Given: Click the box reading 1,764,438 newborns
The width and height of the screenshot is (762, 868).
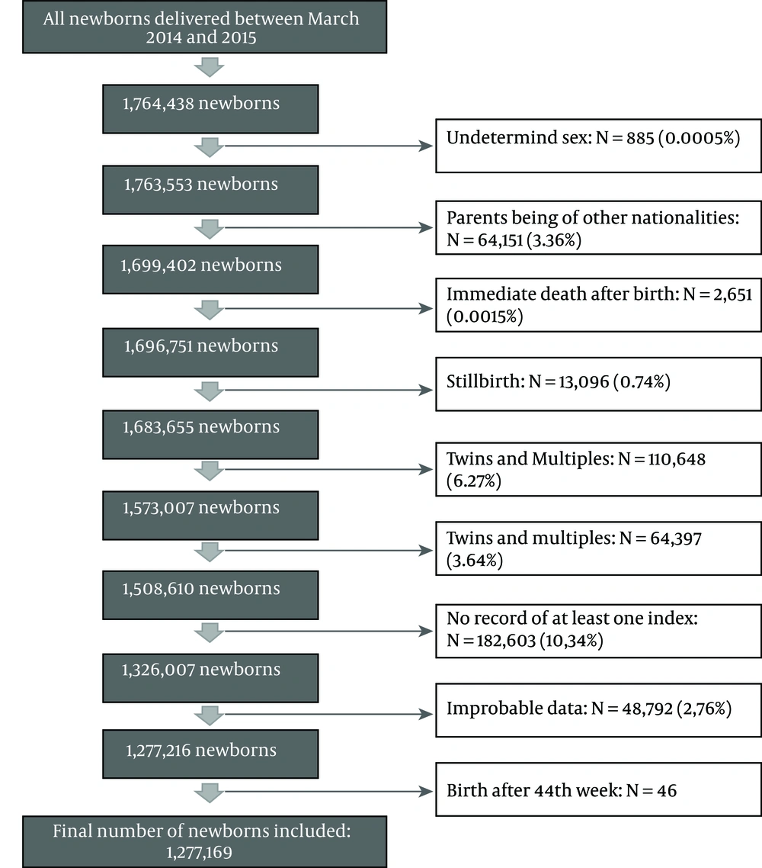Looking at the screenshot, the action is tap(210, 109).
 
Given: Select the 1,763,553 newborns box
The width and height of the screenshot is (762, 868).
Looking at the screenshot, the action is tap(210, 190).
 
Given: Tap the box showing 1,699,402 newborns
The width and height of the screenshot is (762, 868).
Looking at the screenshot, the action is tap(210, 269).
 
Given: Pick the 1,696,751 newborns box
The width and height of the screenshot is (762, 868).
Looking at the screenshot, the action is tap(210, 352).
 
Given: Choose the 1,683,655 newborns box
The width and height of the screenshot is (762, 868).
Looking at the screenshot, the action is tap(210, 435).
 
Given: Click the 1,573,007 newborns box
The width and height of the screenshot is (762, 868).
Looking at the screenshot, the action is tap(210, 516).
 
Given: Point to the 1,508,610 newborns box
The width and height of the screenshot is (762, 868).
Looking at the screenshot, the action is tap(210, 595).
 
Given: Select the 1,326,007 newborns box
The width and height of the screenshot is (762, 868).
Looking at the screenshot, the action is tap(210, 678).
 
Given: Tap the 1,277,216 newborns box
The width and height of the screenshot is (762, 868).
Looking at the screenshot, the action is tap(210, 754).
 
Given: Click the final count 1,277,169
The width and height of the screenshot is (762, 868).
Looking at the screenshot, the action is tap(199, 853).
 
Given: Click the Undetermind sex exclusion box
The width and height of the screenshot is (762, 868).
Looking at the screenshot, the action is tap(598, 146).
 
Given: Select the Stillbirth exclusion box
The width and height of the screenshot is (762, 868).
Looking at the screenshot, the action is tap(598, 384).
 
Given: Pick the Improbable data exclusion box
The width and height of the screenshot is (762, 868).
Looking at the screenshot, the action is tap(598, 710).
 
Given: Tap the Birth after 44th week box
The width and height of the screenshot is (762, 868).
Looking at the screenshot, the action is tap(598, 789).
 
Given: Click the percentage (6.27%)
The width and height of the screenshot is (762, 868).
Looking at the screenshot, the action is tap(474, 481).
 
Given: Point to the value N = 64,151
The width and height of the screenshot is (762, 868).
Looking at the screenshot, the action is tap(485, 240).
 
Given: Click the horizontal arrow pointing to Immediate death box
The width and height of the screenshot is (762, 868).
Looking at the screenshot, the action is tap(328, 308).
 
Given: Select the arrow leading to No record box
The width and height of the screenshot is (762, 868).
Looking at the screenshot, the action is tap(328, 631).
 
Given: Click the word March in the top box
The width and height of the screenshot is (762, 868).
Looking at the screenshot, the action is tap(334, 19).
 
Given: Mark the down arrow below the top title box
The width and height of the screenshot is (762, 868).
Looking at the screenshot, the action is tap(209, 68).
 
